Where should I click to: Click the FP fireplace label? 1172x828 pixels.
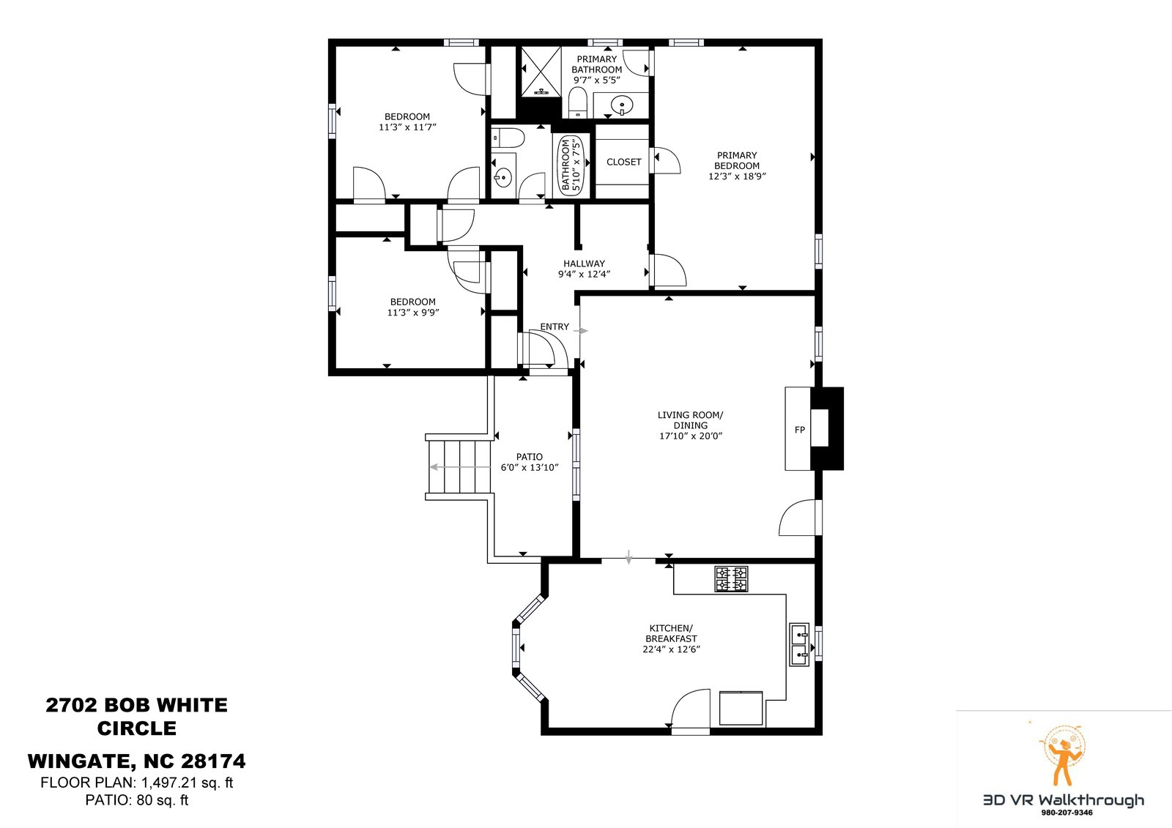point(799,430)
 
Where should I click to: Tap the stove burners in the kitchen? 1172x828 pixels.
point(731,579)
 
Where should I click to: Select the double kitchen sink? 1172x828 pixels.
point(799,644)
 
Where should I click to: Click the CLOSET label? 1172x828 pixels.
point(623,162)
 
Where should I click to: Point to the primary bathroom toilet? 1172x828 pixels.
point(578,102)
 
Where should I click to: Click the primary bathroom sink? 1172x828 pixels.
point(622,105)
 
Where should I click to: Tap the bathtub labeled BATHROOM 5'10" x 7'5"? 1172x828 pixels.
point(572,165)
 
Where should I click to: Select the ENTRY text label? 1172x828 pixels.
point(555,327)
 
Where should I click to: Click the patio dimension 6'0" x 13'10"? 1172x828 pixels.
point(530,468)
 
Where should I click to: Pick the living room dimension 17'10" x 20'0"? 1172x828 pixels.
point(691,436)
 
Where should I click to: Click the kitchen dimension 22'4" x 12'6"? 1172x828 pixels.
point(671,649)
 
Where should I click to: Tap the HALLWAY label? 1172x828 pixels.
point(584,264)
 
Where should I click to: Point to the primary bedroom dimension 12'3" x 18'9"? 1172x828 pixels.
point(737,176)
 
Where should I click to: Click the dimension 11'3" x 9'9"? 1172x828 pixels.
point(413,313)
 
